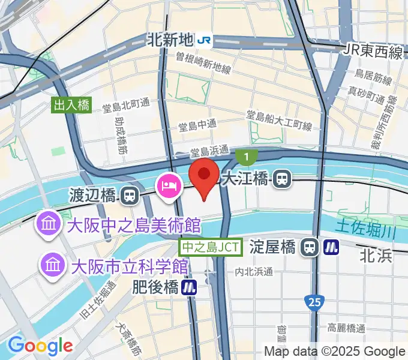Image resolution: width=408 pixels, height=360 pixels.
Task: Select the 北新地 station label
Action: [170, 40]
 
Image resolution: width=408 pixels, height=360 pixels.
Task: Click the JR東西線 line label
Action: [373, 52]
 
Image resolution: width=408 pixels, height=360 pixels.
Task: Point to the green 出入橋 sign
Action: [71, 106]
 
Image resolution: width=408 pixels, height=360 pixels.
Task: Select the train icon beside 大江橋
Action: [282, 178]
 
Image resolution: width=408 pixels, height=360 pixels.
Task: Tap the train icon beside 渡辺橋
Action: [128, 195]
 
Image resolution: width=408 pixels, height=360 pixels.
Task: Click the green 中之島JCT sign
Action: [211, 247]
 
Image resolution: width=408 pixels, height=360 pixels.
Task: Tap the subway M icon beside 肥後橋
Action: [190, 287]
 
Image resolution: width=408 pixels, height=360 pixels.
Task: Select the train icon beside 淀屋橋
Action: [310, 246]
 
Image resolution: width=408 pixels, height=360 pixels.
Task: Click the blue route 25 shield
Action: [311, 302]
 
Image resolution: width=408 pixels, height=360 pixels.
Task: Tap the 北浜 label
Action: [376, 256]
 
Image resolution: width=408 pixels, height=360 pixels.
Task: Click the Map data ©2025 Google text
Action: [335, 352]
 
